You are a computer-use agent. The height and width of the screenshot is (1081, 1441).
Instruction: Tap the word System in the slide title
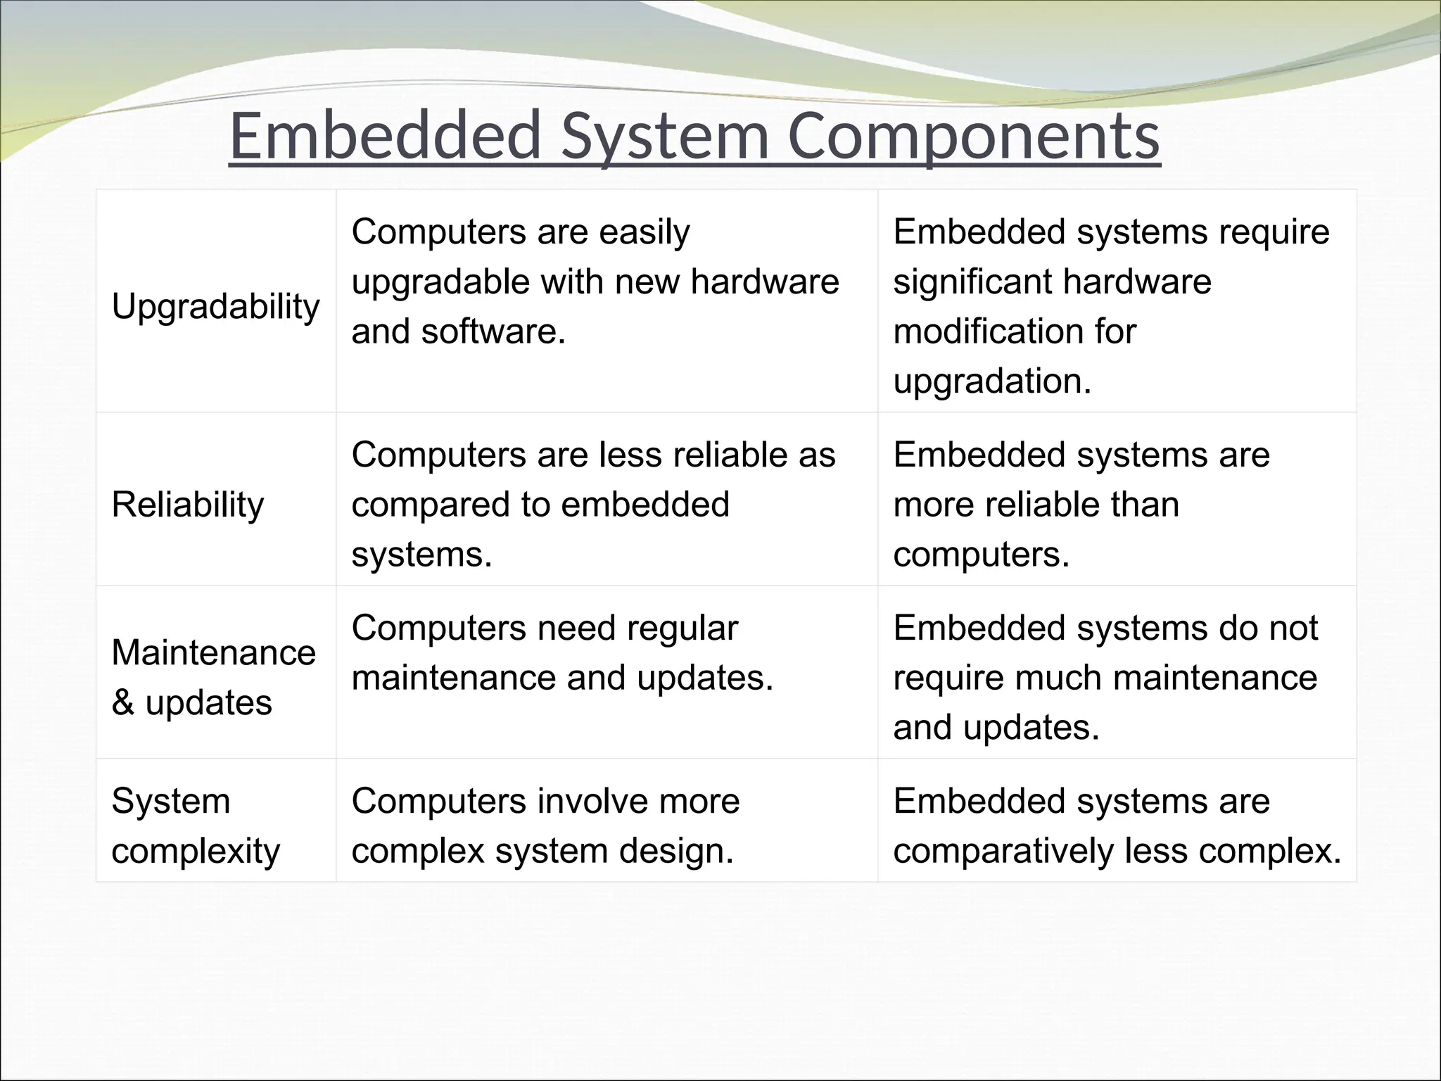click(665, 135)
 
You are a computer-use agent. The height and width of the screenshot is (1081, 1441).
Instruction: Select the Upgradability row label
click(215, 307)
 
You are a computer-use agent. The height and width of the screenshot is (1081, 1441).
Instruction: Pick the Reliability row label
click(187, 505)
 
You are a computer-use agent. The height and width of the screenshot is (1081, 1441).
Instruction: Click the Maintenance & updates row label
click(213, 677)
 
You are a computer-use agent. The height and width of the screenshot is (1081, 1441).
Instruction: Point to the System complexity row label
click(195, 826)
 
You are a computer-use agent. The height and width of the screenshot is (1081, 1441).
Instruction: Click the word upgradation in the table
click(992, 381)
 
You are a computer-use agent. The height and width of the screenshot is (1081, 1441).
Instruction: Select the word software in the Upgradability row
click(493, 331)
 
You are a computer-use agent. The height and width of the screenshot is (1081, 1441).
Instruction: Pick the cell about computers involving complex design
click(545, 826)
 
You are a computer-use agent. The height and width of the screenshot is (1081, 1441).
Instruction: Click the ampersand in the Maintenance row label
click(122, 702)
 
